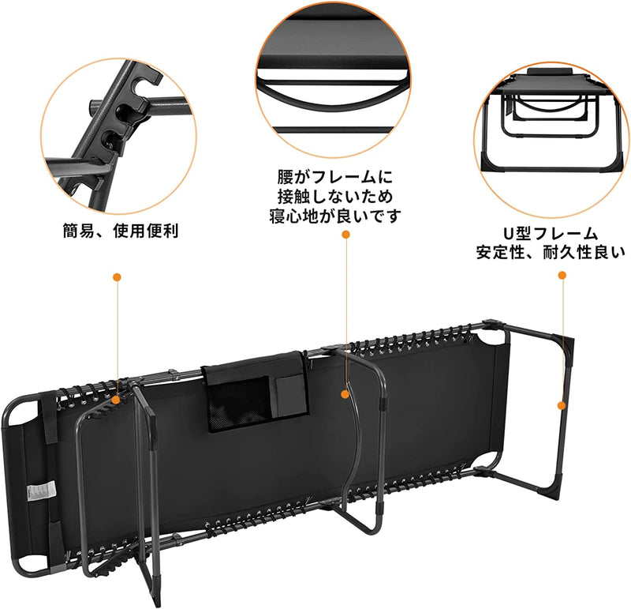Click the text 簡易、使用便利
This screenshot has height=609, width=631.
pyautogui.click(x=121, y=231)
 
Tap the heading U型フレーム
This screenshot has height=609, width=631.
pyautogui.click(x=551, y=234)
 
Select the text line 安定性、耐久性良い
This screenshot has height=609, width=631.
pyautogui.click(x=551, y=253)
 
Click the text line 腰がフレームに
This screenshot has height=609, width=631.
pyautogui.click(x=334, y=176)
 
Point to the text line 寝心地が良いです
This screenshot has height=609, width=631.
pyautogui.click(x=334, y=216)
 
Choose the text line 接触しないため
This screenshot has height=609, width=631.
pyautogui.click(x=334, y=196)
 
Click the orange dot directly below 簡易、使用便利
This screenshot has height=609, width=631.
pyautogui.click(x=117, y=277)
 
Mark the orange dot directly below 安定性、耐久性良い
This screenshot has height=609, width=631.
pyautogui.click(x=562, y=276)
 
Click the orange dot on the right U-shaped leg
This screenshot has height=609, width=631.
pyautogui.click(x=562, y=405)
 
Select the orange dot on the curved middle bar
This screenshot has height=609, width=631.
pyautogui.click(x=345, y=393)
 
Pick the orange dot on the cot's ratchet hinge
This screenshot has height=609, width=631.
pyautogui.click(x=117, y=400)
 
